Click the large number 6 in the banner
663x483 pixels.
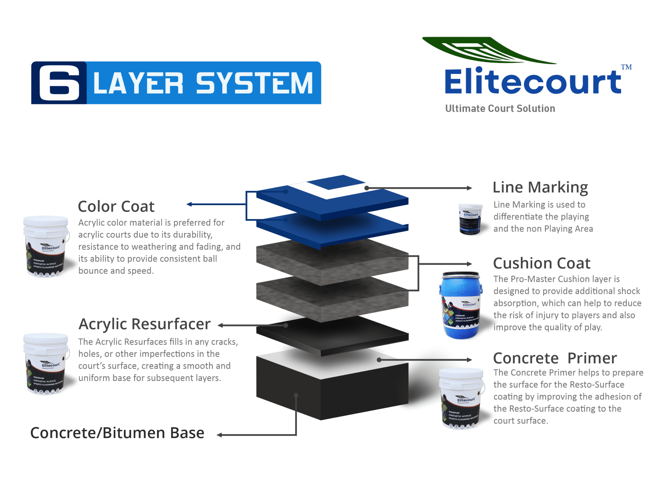(x=59, y=83)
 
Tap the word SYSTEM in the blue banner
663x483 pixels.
(x=254, y=83)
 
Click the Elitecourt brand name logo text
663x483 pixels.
(x=533, y=82)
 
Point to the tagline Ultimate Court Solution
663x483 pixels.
(x=500, y=109)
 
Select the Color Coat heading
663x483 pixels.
(x=116, y=207)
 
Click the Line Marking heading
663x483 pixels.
(x=540, y=188)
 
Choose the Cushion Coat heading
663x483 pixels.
(x=542, y=263)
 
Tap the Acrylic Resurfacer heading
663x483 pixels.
(x=144, y=324)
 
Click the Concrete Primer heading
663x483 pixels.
(x=555, y=358)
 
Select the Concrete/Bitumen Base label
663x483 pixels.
(x=117, y=433)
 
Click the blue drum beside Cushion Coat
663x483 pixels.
(x=460, y=305)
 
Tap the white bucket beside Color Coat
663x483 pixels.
(x=46, y=247)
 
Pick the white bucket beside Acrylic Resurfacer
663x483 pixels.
(x=46, y=364)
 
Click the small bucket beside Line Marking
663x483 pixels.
(x=470, y=219)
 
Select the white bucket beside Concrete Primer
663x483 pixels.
(x=461, y=398)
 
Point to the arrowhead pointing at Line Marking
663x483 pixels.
(x=470, y=188)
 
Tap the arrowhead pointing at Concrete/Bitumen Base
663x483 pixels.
(x=219, y=435)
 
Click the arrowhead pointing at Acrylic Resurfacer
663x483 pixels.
(x=220, y=326)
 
